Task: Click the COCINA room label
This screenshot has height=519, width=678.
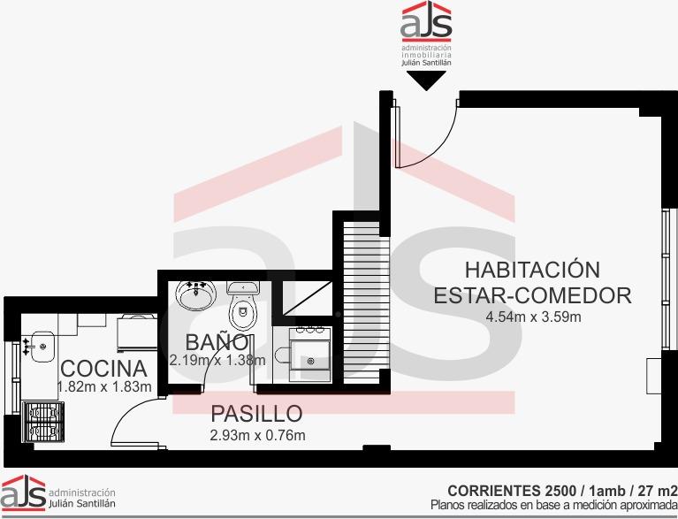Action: (x=103, y=369)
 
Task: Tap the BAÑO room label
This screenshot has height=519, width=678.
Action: (x=217, y=342)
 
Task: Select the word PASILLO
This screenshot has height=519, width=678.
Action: (x=256, y=414)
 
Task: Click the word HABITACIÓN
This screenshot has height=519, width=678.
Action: (x=532, y=270)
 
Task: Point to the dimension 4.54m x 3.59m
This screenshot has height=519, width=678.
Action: (x=533, y=317)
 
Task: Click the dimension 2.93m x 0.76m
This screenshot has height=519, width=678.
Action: (x=258, y=435)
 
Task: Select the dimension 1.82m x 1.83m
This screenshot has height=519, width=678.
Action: (x=104, y=386)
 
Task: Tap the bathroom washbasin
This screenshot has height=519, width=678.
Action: (x=196, y=295)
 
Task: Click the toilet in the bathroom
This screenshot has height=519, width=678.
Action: (x=243, y=305)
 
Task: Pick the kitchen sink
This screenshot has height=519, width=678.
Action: (x=40, y=346)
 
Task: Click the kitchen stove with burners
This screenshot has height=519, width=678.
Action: (x=42, y=422)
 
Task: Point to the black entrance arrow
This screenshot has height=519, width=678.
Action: (x=426, y=80)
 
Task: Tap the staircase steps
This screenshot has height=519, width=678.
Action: (x=366, y=301)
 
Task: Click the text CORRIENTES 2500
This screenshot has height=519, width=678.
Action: (x=512, y=491)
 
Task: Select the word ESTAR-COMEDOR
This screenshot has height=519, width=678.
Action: (x=532, y=296)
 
